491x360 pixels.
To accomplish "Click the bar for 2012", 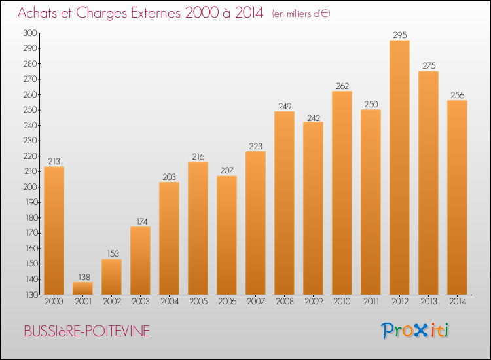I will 399,168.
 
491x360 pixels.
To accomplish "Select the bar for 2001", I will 82,288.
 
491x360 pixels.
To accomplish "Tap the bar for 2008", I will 284,203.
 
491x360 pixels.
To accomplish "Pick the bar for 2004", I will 169,238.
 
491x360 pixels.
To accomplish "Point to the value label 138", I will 82,277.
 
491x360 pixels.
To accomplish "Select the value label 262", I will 342,86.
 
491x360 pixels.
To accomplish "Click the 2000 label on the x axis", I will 54,302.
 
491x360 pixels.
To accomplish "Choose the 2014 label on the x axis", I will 457,302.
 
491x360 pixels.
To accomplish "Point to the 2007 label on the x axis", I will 255,302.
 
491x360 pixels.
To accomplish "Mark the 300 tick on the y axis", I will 29,33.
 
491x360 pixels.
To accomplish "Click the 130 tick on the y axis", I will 29,295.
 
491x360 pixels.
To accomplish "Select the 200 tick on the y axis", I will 29,187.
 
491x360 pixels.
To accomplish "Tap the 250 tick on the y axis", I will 29,110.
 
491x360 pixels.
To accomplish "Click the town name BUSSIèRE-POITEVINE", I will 86,332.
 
